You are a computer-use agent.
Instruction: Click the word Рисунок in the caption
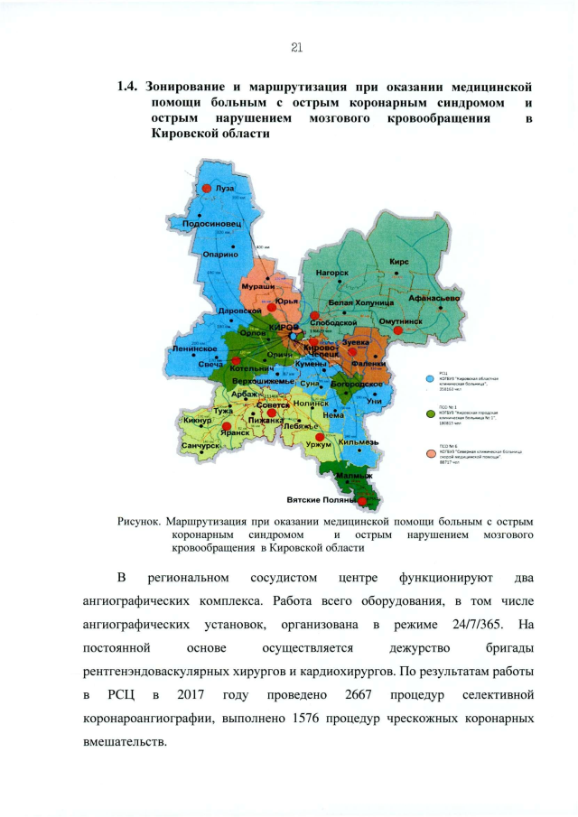(x=139, y=521)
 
